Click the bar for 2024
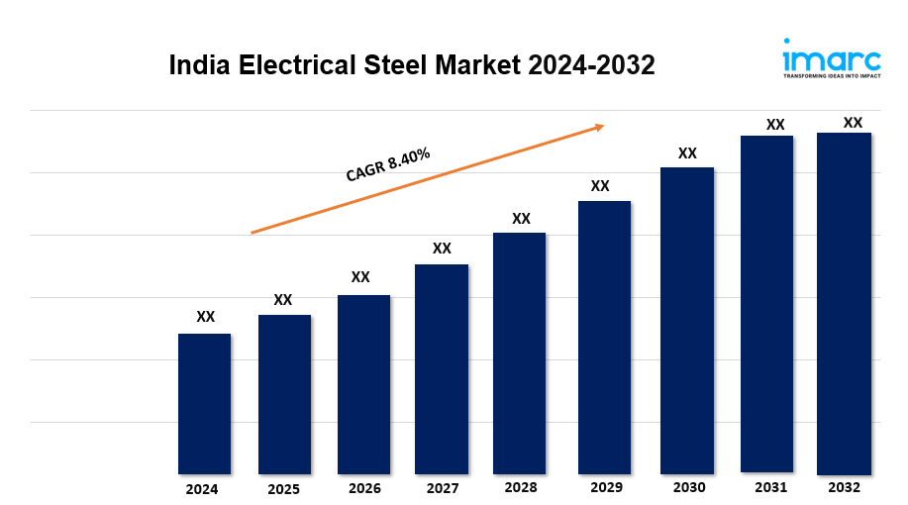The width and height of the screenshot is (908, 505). [x=204, y=403]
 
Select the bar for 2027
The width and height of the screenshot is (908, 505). [x=442, y=368]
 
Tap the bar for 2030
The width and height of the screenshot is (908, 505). [x=687, y=320]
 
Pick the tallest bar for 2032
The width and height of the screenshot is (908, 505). [x=844, y=303]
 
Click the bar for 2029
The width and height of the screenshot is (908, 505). [x=604, y=337]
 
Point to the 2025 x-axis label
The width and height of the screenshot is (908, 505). [x=282, y=489]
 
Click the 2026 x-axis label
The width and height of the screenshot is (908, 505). [x=364, y=488]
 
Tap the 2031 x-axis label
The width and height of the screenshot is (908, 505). [x=770, y=487]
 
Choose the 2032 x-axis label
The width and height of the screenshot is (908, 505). [x=845, y=487]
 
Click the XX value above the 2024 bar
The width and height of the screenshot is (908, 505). [x=205, y=317]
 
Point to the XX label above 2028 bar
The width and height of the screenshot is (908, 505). [x=521, y=218]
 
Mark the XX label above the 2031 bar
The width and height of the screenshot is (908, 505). [x=775, y=125]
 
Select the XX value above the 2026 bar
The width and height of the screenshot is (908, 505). [x=360, y=277]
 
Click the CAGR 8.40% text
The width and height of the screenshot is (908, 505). [x=387, y=164]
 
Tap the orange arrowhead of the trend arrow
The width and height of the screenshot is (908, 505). [x=598, y=127]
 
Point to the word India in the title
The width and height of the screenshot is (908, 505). [x=198, y=65]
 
